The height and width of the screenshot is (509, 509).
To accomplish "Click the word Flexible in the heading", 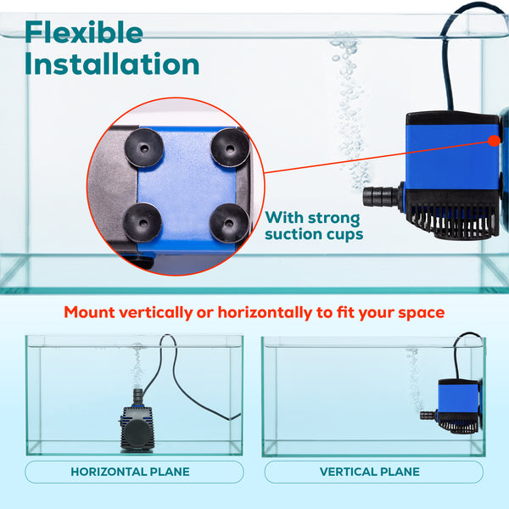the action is (84, 32).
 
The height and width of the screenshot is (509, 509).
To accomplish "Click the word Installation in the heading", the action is (112, 64).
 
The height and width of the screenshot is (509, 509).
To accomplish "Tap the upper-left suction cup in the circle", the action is (144, 148).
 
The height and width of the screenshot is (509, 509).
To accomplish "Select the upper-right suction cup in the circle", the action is (230, 148).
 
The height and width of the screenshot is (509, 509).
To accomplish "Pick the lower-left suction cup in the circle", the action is (143, 222).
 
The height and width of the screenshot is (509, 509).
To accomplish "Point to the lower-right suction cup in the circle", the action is (229, 223).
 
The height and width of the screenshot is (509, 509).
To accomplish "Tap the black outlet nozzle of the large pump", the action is (382, 196).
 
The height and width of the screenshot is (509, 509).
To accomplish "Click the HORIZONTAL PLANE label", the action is (130, 472).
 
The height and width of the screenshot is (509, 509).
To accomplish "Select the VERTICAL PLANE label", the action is (369, 472).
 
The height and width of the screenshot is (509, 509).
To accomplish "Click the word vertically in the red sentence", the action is (156, 312).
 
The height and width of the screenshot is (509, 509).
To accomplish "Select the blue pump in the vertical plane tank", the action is (452, 406).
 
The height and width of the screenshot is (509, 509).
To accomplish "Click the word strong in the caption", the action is (333, 218).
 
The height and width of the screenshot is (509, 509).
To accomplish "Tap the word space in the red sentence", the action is (422, 313).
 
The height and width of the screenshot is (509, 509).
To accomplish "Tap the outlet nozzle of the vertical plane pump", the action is (428, 415).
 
